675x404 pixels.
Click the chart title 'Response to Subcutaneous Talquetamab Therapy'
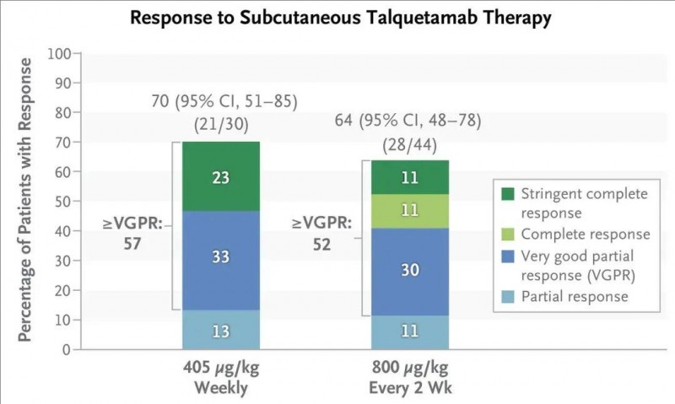337,19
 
